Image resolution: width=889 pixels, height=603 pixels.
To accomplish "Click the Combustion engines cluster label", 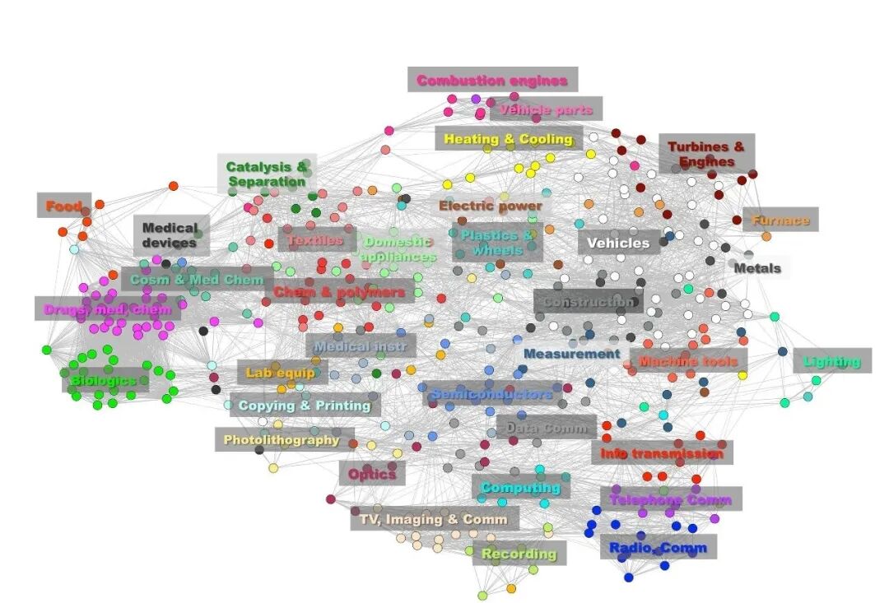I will tap(492, 81).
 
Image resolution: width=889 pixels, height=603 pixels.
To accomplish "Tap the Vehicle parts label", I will tap(546, 109).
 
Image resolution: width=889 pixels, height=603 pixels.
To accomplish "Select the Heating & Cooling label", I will tap(508, 139).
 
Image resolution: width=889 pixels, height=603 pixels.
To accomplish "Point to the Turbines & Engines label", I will tap(706, 154).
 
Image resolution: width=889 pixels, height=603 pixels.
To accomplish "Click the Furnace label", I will tap(780, 220).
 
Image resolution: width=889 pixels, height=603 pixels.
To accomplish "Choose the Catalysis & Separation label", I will tap(267, 174).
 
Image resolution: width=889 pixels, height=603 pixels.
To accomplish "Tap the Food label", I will tap(63, 206).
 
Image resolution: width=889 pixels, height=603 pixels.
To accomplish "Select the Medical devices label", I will tap(170, 235).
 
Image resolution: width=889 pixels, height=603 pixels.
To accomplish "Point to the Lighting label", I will tap(831, 361).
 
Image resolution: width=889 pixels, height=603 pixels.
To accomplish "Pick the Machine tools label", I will tap(688, 361).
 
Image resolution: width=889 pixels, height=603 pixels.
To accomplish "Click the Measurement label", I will tap(571, 354).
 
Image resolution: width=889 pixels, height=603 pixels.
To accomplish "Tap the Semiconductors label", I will tap(491, 394).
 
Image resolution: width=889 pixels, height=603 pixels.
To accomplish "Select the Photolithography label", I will tap(282, 440).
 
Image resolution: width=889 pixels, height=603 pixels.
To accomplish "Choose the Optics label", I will tap(372, 474).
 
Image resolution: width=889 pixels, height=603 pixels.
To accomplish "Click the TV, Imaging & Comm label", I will tap(434, 519).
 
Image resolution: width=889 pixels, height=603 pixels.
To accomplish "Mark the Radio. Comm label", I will tap(658, 547).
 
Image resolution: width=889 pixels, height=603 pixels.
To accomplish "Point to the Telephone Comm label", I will tap(670, 499).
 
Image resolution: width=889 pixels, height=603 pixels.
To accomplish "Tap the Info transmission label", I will tap(661, 452).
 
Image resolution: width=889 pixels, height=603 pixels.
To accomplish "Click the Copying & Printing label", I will tap(305, 405).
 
